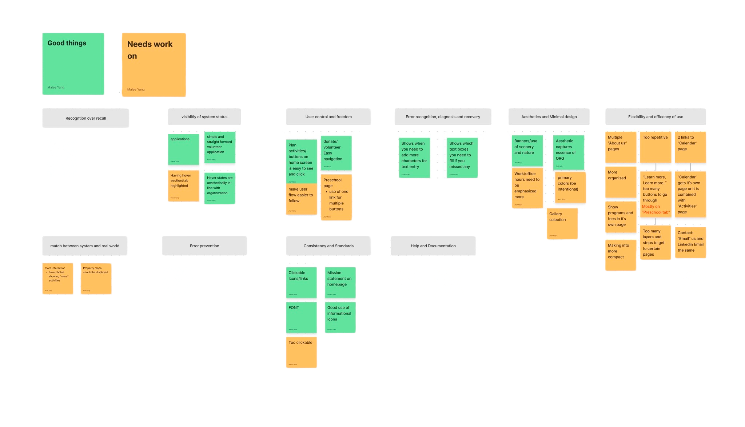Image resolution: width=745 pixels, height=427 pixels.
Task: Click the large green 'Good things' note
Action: tap(73, 64)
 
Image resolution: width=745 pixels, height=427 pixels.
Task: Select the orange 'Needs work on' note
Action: tap(154, 65)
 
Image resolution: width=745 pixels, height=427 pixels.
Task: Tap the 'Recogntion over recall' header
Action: tap(85, 118)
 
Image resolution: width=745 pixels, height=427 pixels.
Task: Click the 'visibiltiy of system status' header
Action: tap(204, 117)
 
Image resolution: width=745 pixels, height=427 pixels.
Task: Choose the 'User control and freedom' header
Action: tap(328, 117)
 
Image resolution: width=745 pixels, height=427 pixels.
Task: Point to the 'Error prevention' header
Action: tap(204, 246)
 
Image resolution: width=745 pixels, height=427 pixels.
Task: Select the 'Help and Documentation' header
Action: tap(433, 246)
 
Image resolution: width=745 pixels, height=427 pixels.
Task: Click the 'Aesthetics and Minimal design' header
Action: tap(549, 117)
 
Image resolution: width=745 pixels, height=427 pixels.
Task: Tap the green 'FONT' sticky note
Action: tap(301, 317)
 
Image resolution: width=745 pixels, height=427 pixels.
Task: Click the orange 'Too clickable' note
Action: tap(301, 352)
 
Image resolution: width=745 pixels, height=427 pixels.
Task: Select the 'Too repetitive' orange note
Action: tap(656, 147)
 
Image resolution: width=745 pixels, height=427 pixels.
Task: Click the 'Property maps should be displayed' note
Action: tap(96, 279)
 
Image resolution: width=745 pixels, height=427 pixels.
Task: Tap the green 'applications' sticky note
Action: tap(183, 149)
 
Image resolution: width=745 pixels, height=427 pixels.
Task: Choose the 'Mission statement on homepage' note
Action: tap(340, 283)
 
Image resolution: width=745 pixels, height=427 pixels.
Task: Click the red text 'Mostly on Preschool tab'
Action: tap(656, 209)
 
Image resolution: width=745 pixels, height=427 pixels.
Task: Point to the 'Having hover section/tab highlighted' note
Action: tap(183, 185)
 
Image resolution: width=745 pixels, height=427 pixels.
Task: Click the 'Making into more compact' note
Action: tap(621, 255)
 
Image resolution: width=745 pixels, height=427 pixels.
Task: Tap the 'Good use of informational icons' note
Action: tap(340, 317)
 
